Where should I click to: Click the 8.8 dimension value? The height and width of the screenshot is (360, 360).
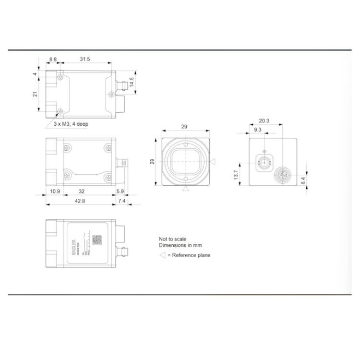(x=52, y=59)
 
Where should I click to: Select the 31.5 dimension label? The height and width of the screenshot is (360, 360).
(x=85, y=59)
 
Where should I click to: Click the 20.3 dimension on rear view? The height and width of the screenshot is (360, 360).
(x=264, y=120)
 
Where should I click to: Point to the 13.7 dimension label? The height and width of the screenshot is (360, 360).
(x=236, y=175)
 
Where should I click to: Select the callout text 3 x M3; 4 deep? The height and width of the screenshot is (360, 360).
(x=71, y=124)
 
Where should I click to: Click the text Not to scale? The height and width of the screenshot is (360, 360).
(x=172, y=239)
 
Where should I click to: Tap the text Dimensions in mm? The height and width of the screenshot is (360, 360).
(x=179, y=245)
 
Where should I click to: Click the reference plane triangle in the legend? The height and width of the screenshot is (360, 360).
(x=162, y=255)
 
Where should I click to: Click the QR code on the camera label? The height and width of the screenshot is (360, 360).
(x=97, y=240)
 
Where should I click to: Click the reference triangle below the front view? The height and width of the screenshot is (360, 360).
(x=184, y=190)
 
